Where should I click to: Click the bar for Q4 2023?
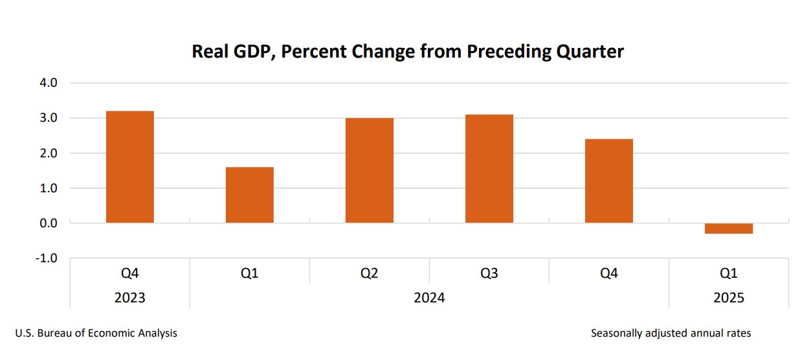(129, 167)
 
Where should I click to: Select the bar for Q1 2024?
(249, 195)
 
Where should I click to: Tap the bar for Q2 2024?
(369, 170)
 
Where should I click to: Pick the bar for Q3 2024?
(489, 168)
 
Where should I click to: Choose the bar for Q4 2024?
(608, 181)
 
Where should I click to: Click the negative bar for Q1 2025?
(728, 229)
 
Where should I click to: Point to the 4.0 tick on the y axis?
(49, 84)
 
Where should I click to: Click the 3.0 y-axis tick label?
(49, 118)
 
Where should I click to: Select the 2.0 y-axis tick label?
(49, 153)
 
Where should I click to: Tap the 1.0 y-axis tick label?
(49, 188)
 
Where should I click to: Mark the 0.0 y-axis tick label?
(49, 223)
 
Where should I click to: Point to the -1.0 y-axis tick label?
(47, 258)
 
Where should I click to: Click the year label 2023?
(129, 298)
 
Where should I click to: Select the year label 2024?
(429, 298)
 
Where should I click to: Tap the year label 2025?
(728, 298)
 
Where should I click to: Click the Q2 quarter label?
(369, 273)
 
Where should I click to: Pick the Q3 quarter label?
(489, 273)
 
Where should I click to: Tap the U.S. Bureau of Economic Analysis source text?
(96, 333)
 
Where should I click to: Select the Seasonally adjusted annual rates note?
(671, 333)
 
